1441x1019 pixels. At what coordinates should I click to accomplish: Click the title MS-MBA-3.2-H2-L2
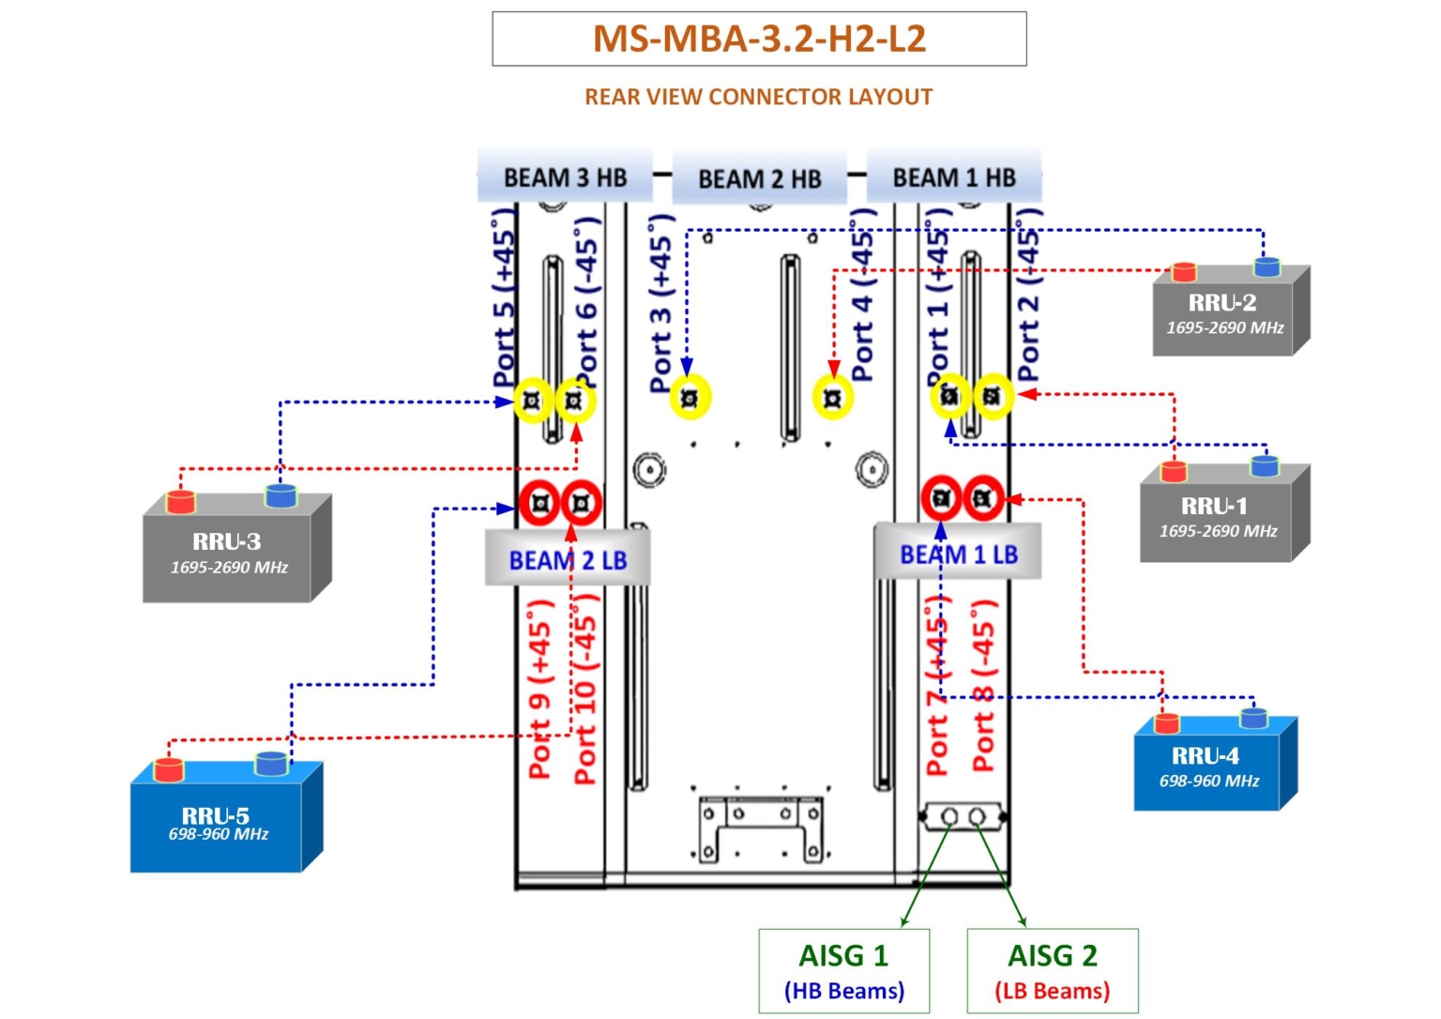tap(759, 38)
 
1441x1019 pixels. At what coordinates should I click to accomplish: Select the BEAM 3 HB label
tap(565, 177)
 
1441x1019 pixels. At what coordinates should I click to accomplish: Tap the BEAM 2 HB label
tap(759, 178)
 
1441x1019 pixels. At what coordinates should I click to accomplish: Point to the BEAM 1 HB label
tap(953, 177)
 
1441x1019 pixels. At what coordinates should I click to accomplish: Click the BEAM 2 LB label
tap(568, 560)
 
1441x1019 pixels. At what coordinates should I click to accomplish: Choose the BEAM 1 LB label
tap(958, 555)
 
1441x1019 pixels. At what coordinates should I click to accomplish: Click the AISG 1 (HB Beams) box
tap(843, 971)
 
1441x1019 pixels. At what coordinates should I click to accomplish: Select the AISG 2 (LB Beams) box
tap(1052, 971)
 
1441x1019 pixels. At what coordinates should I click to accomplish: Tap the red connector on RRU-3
tap(180, 501)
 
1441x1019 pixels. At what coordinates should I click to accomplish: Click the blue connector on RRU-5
tap(271, 763)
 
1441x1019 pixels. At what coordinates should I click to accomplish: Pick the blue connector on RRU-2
tap(1267, 267)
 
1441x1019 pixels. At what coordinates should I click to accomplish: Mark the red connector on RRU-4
tap(1166, 722)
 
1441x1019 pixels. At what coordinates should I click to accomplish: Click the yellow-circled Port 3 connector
tap(690, 398)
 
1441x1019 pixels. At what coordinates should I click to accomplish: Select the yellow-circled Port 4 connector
tap(832, 398)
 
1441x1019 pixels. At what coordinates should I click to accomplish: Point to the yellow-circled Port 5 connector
tap(533, 402)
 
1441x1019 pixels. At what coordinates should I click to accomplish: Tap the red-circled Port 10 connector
tap(582, 503)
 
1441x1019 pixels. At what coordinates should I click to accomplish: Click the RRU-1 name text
tap(1214, 506)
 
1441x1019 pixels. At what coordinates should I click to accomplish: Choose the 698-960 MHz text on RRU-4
tap(1208, 781)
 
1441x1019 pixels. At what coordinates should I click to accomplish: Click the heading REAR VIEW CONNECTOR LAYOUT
tap(758, 97)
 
